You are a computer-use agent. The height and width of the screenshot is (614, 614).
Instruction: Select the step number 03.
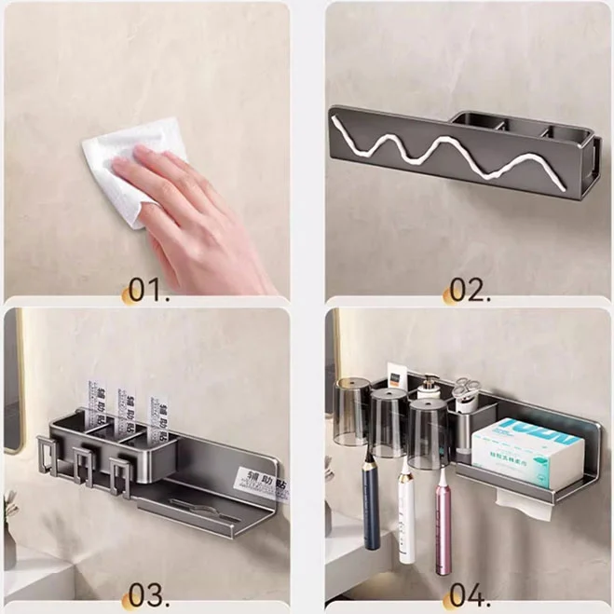[148, 594]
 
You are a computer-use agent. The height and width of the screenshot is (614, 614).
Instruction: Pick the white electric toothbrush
[406, 512]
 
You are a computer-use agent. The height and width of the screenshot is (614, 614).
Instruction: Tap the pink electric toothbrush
[443, 517]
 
